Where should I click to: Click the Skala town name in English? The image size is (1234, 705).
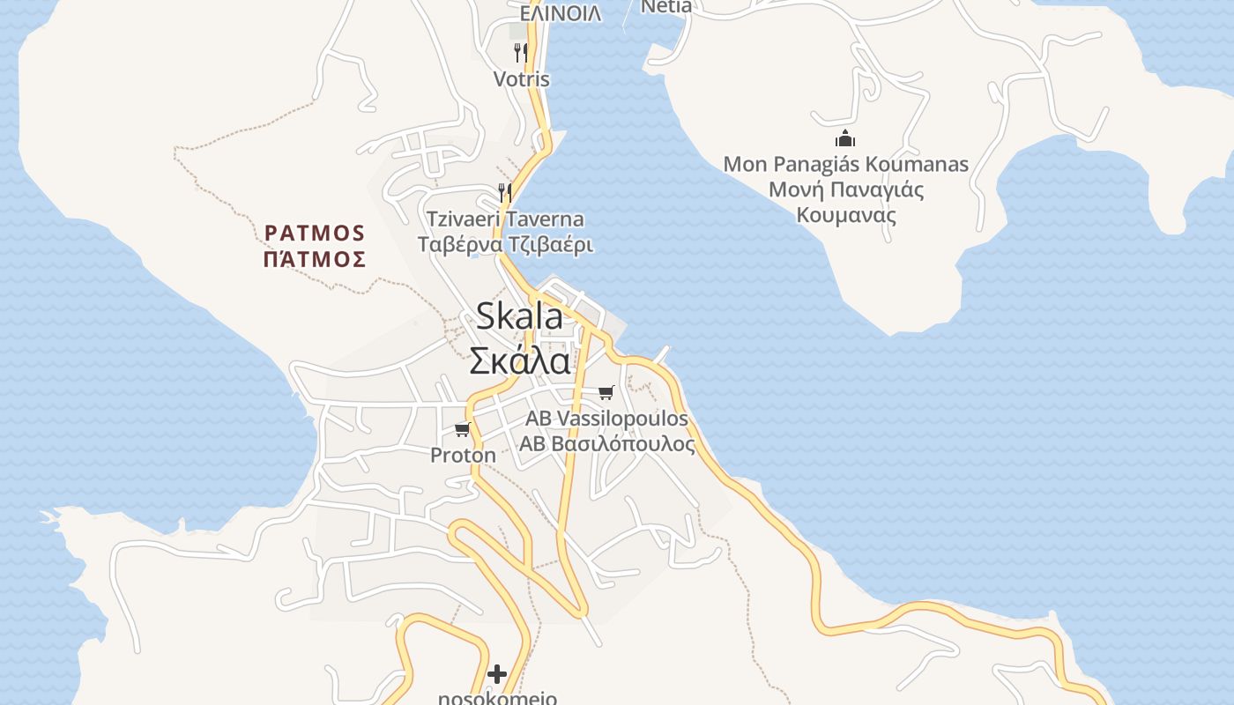tap(519, 316)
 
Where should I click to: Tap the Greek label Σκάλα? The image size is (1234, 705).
tap(519, 360)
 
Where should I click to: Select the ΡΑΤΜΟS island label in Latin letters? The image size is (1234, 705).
tap(315, 234)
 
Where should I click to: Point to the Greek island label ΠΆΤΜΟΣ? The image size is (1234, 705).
tap(315, 259)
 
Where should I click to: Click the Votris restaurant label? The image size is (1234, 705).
tap(521, 79)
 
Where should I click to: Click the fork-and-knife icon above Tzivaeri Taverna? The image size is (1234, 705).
tap(505, 192)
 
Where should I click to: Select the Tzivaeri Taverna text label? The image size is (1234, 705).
tap(505, 219)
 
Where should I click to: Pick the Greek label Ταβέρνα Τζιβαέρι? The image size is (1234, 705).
tap(505, 244)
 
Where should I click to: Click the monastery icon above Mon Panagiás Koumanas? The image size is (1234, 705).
tap(845, 138)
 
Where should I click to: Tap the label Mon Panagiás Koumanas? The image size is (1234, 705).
tap(845, 165)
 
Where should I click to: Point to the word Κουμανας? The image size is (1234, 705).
tap(845, 215)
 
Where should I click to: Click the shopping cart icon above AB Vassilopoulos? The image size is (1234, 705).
tap(606, 392)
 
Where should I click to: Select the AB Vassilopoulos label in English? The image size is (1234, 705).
tap(606, 418)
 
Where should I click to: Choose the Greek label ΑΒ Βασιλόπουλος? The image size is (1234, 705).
tap(606, 443)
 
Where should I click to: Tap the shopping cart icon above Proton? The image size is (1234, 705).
tap(462, 430)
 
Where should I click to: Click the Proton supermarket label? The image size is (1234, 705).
tap(463, 456)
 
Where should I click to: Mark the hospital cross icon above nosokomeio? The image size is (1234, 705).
tap(497, 674)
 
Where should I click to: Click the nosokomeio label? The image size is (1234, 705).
tap(497, 698)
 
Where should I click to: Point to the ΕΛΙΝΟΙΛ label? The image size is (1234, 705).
tap(561, 13)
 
